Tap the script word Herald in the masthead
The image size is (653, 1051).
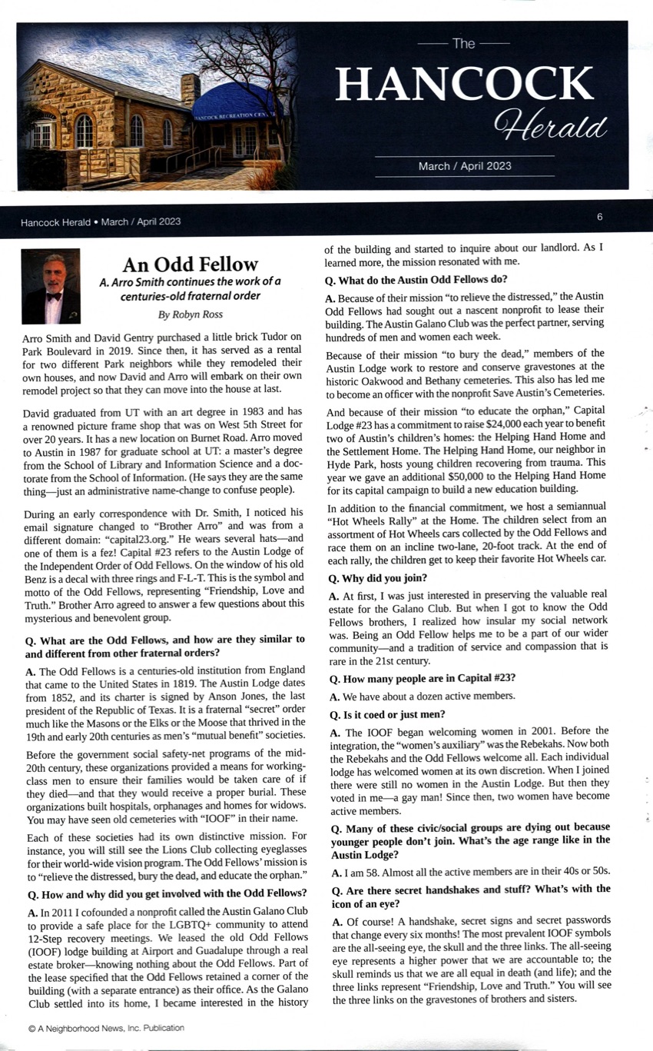pyautogui.click(x=551, y=124)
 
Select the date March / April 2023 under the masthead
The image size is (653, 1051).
pyautogui.click(x=464, y=166)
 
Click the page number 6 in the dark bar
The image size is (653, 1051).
pyautogui.click(x=599, y=217)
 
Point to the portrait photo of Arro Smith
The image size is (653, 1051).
pyautogui.click(x=51, y=286)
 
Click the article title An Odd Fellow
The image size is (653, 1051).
pyautogui.click(x=191, y=264)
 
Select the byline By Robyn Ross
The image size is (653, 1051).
pyautogui.click(x=191, y=314)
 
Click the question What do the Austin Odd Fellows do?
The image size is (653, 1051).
pyautogui.click(x=416, y=279)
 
